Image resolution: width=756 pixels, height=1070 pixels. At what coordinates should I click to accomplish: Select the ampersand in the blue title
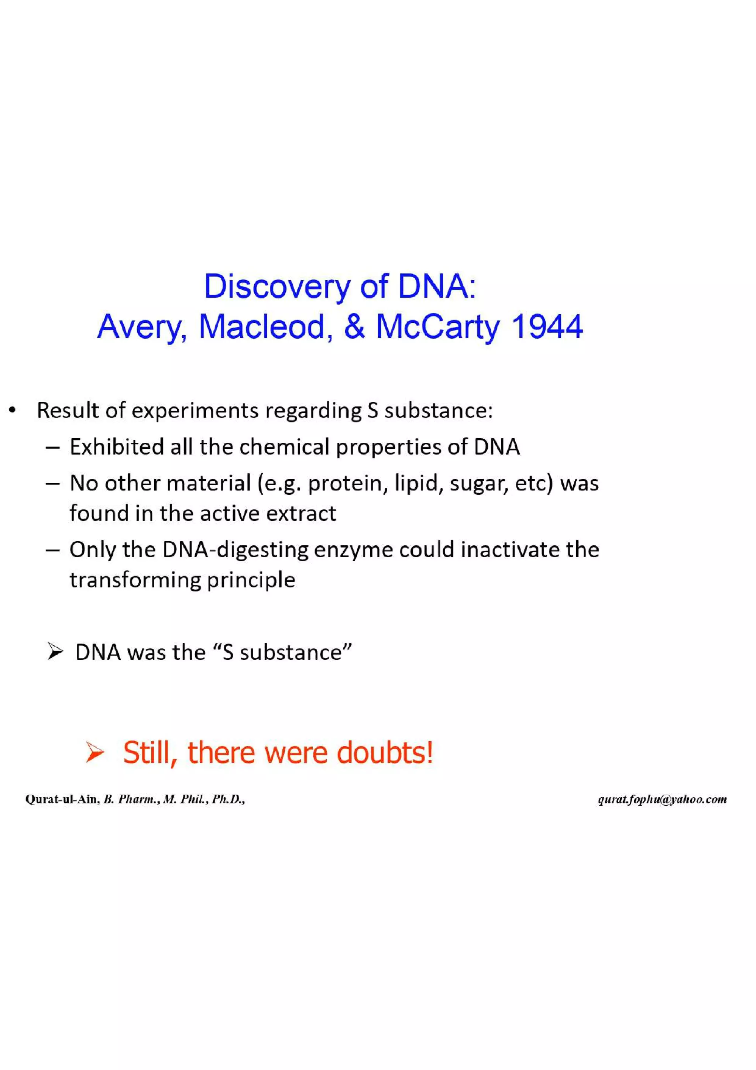point(354,327)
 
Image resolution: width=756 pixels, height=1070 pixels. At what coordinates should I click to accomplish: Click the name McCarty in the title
point(437,327)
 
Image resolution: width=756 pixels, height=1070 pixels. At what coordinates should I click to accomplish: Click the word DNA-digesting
point(235,550)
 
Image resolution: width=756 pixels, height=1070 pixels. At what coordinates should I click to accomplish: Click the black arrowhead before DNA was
point(55,652)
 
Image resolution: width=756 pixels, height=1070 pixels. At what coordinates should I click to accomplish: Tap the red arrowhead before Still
point(95,754)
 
